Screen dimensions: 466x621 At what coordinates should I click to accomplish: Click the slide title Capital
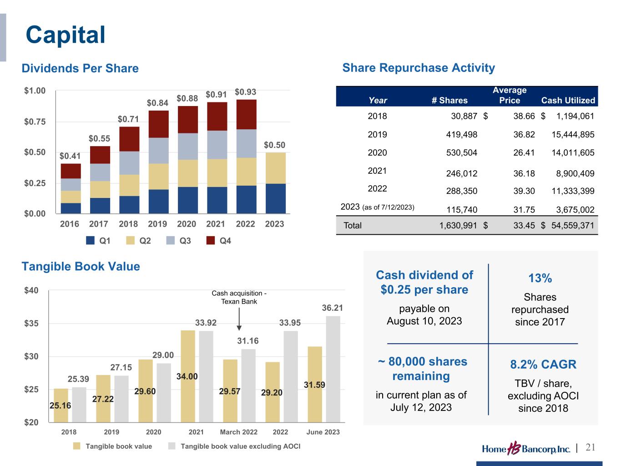[x=66, y=35]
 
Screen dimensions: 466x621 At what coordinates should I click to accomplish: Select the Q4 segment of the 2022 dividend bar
[x=246, y=114]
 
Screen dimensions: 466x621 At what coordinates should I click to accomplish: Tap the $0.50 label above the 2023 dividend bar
[x=274, y=145]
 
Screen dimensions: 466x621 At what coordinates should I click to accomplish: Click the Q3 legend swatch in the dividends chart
[x=171, y=241]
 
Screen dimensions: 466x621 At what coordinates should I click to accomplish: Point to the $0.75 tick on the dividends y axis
[x=35, y=122]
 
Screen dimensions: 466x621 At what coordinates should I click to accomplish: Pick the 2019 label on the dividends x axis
[x=157, y=224]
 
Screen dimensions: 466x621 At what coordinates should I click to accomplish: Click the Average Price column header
[x=509, y=95]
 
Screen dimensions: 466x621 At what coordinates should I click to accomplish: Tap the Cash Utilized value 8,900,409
[x=573, y=173]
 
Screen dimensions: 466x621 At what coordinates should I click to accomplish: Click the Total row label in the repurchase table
[x=353, y=226]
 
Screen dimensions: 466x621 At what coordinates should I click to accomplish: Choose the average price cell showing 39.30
[x=524, y=191]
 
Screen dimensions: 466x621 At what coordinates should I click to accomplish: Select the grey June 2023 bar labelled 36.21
[x=333, y=369]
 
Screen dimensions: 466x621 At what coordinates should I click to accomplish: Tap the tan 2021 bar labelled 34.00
[x=188, y=376]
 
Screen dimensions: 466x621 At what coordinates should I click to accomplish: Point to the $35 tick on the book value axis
[x=31, y=324]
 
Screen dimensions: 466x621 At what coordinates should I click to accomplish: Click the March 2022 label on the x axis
[x=238, y=432]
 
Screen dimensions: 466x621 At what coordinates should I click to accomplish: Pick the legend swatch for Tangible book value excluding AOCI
[x=172, y=446]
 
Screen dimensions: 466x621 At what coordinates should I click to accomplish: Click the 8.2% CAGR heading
[x=543, y=365]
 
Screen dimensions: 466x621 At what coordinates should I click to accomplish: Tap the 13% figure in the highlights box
[x=540, y=279]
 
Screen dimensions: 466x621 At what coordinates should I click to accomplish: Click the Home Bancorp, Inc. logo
[x=526, y=449]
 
